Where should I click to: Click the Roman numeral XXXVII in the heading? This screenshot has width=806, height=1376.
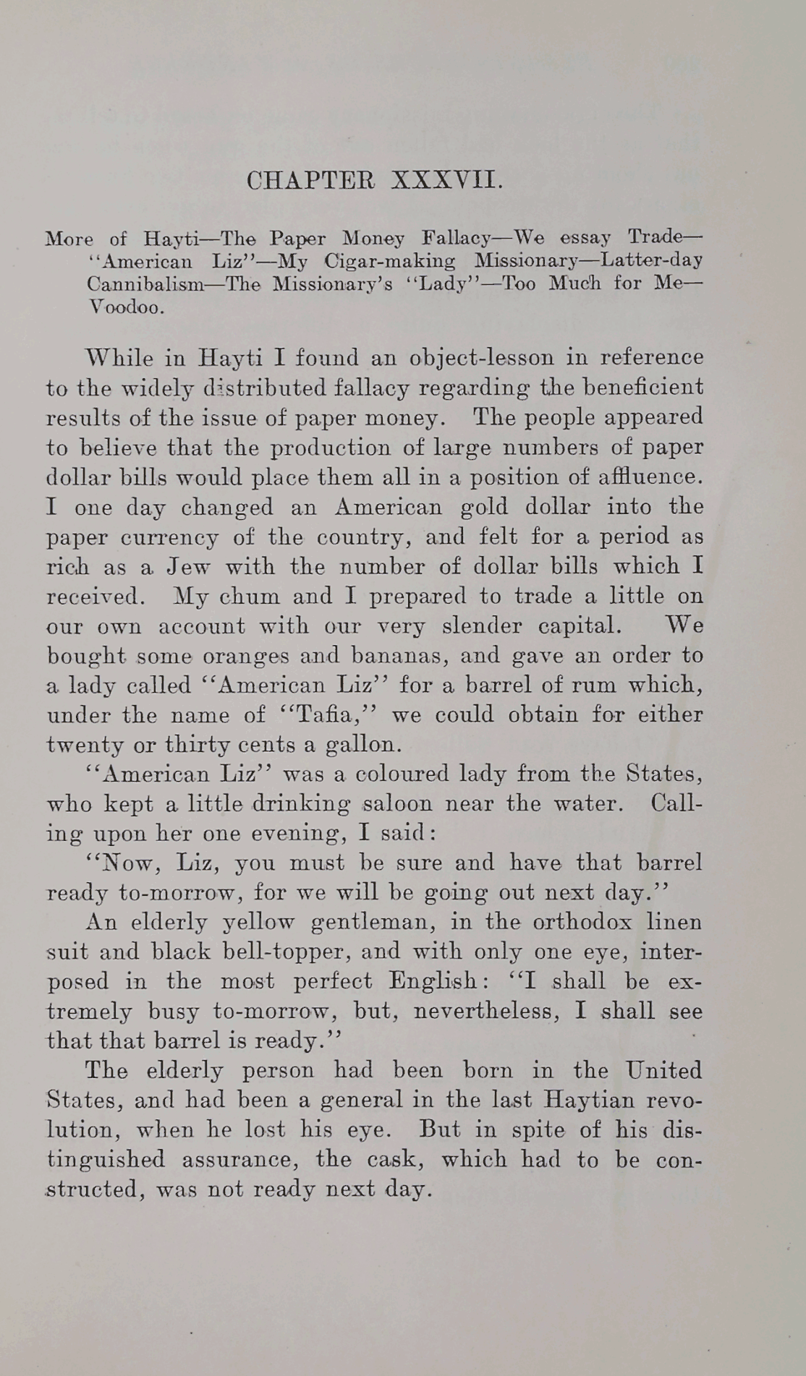pos(446,180)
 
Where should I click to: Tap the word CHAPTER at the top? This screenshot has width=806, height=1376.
pos(312,180)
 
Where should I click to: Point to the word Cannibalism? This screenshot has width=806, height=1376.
pos(145,283)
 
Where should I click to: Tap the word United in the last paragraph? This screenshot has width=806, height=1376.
pos(663,1070)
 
